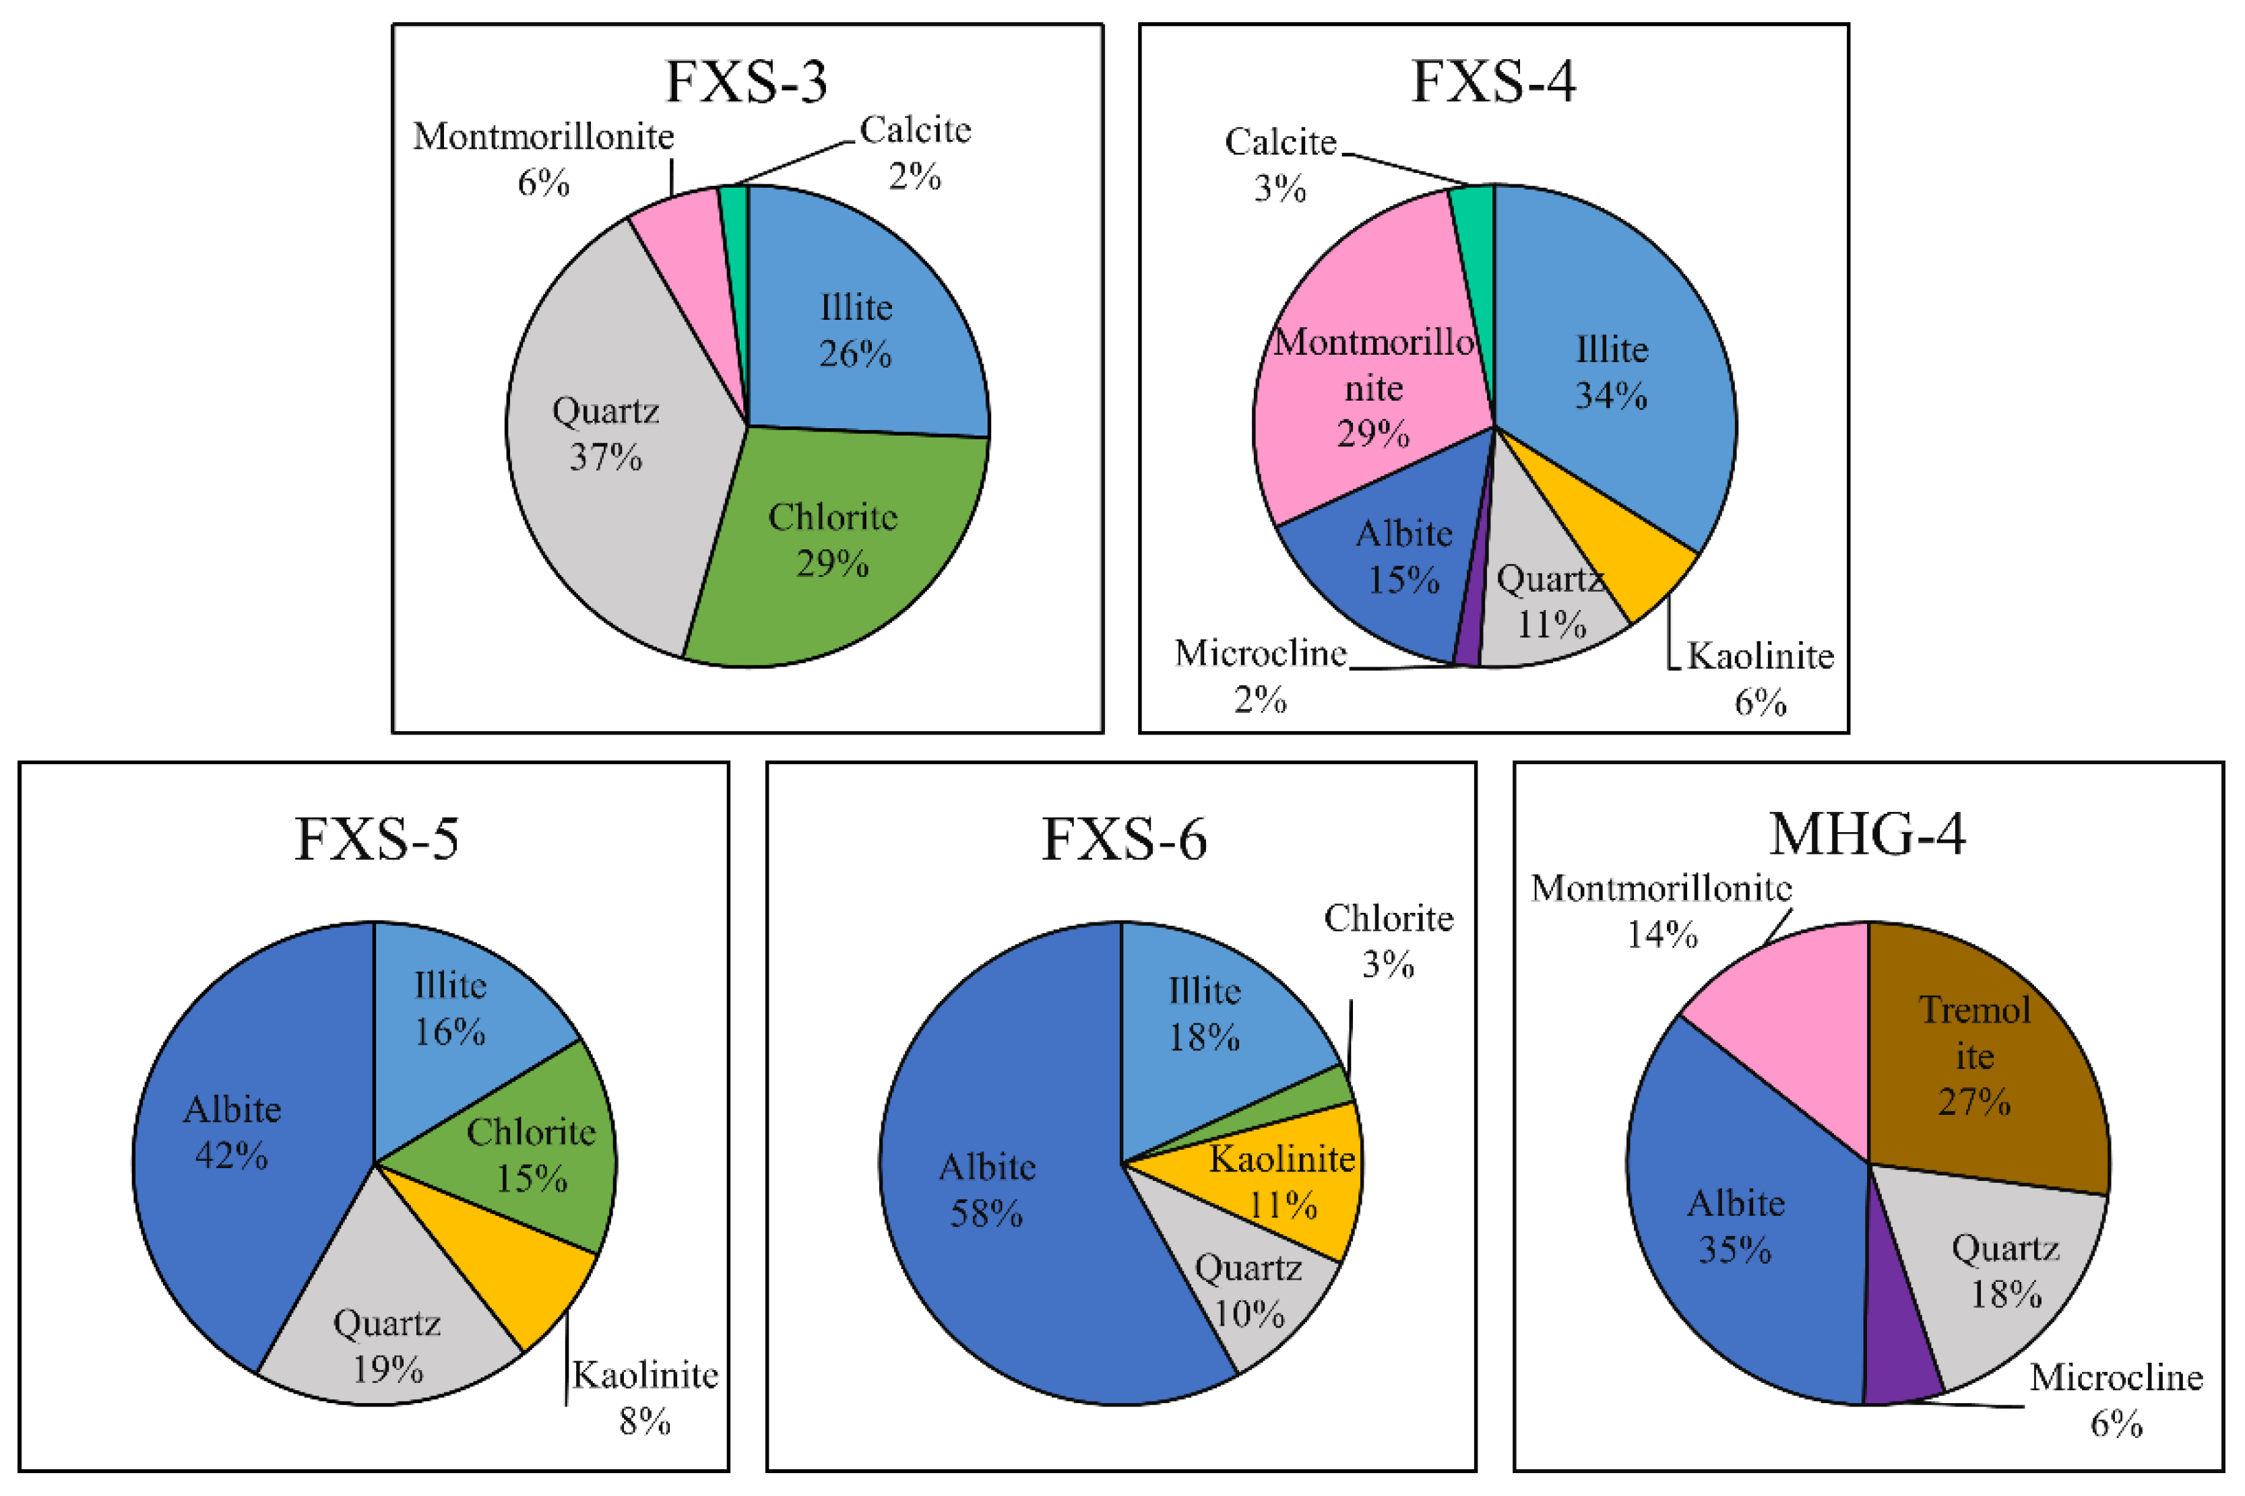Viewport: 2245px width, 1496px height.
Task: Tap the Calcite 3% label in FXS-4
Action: (x=1280, y=164)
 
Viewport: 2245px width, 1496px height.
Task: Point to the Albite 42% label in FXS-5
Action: (x=232, y=1132)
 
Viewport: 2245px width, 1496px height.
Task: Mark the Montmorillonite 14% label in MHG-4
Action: (x=1661, y=911)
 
